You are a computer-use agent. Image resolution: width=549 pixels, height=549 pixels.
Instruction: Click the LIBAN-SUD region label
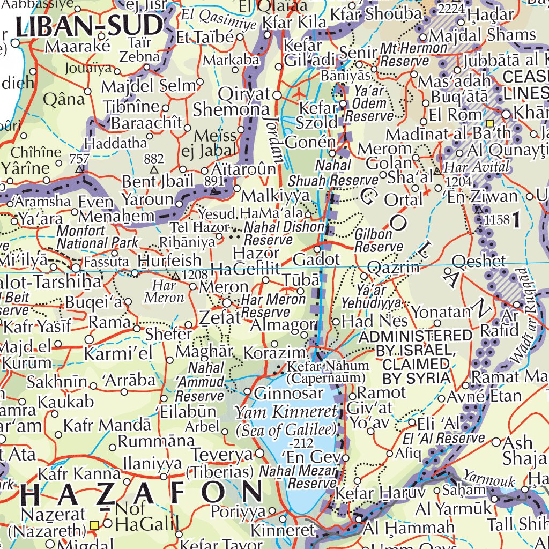point(89,25)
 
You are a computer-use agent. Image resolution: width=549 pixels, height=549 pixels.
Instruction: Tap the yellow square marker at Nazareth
point(95,525)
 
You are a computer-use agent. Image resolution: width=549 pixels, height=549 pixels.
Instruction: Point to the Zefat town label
point(220,318)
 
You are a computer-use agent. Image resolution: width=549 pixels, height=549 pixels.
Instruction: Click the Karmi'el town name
point(118,354)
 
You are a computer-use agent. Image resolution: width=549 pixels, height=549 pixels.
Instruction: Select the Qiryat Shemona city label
point(232,102)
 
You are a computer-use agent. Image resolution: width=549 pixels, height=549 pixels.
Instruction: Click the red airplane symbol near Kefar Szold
point(299,94)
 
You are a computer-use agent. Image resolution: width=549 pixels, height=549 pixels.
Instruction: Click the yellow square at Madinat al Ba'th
point(489,115)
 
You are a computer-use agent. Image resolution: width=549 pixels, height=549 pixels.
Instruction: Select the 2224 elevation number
point(451,9)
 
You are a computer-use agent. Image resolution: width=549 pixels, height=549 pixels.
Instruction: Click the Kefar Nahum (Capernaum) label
point(328,372)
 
